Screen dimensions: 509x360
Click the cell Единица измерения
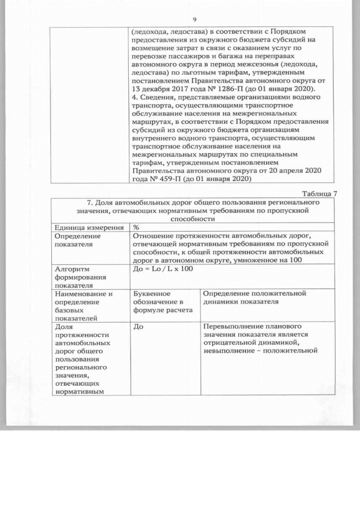89,227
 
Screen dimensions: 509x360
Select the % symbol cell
136,227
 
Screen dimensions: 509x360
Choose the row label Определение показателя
78,240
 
